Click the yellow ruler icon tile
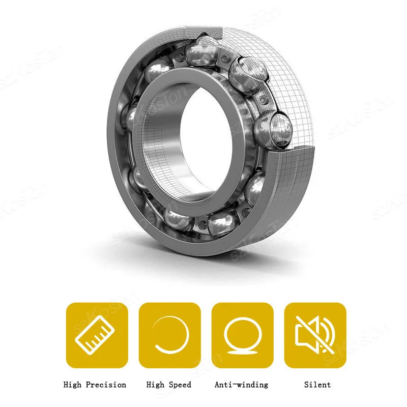point(97,335)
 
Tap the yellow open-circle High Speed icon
point(170,335)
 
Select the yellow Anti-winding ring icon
point(243,335)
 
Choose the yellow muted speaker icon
point(315,335)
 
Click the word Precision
point(106,385)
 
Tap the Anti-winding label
point(241,385)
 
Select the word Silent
point(317,385)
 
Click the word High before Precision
point(72,385)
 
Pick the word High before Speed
point(155,385)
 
